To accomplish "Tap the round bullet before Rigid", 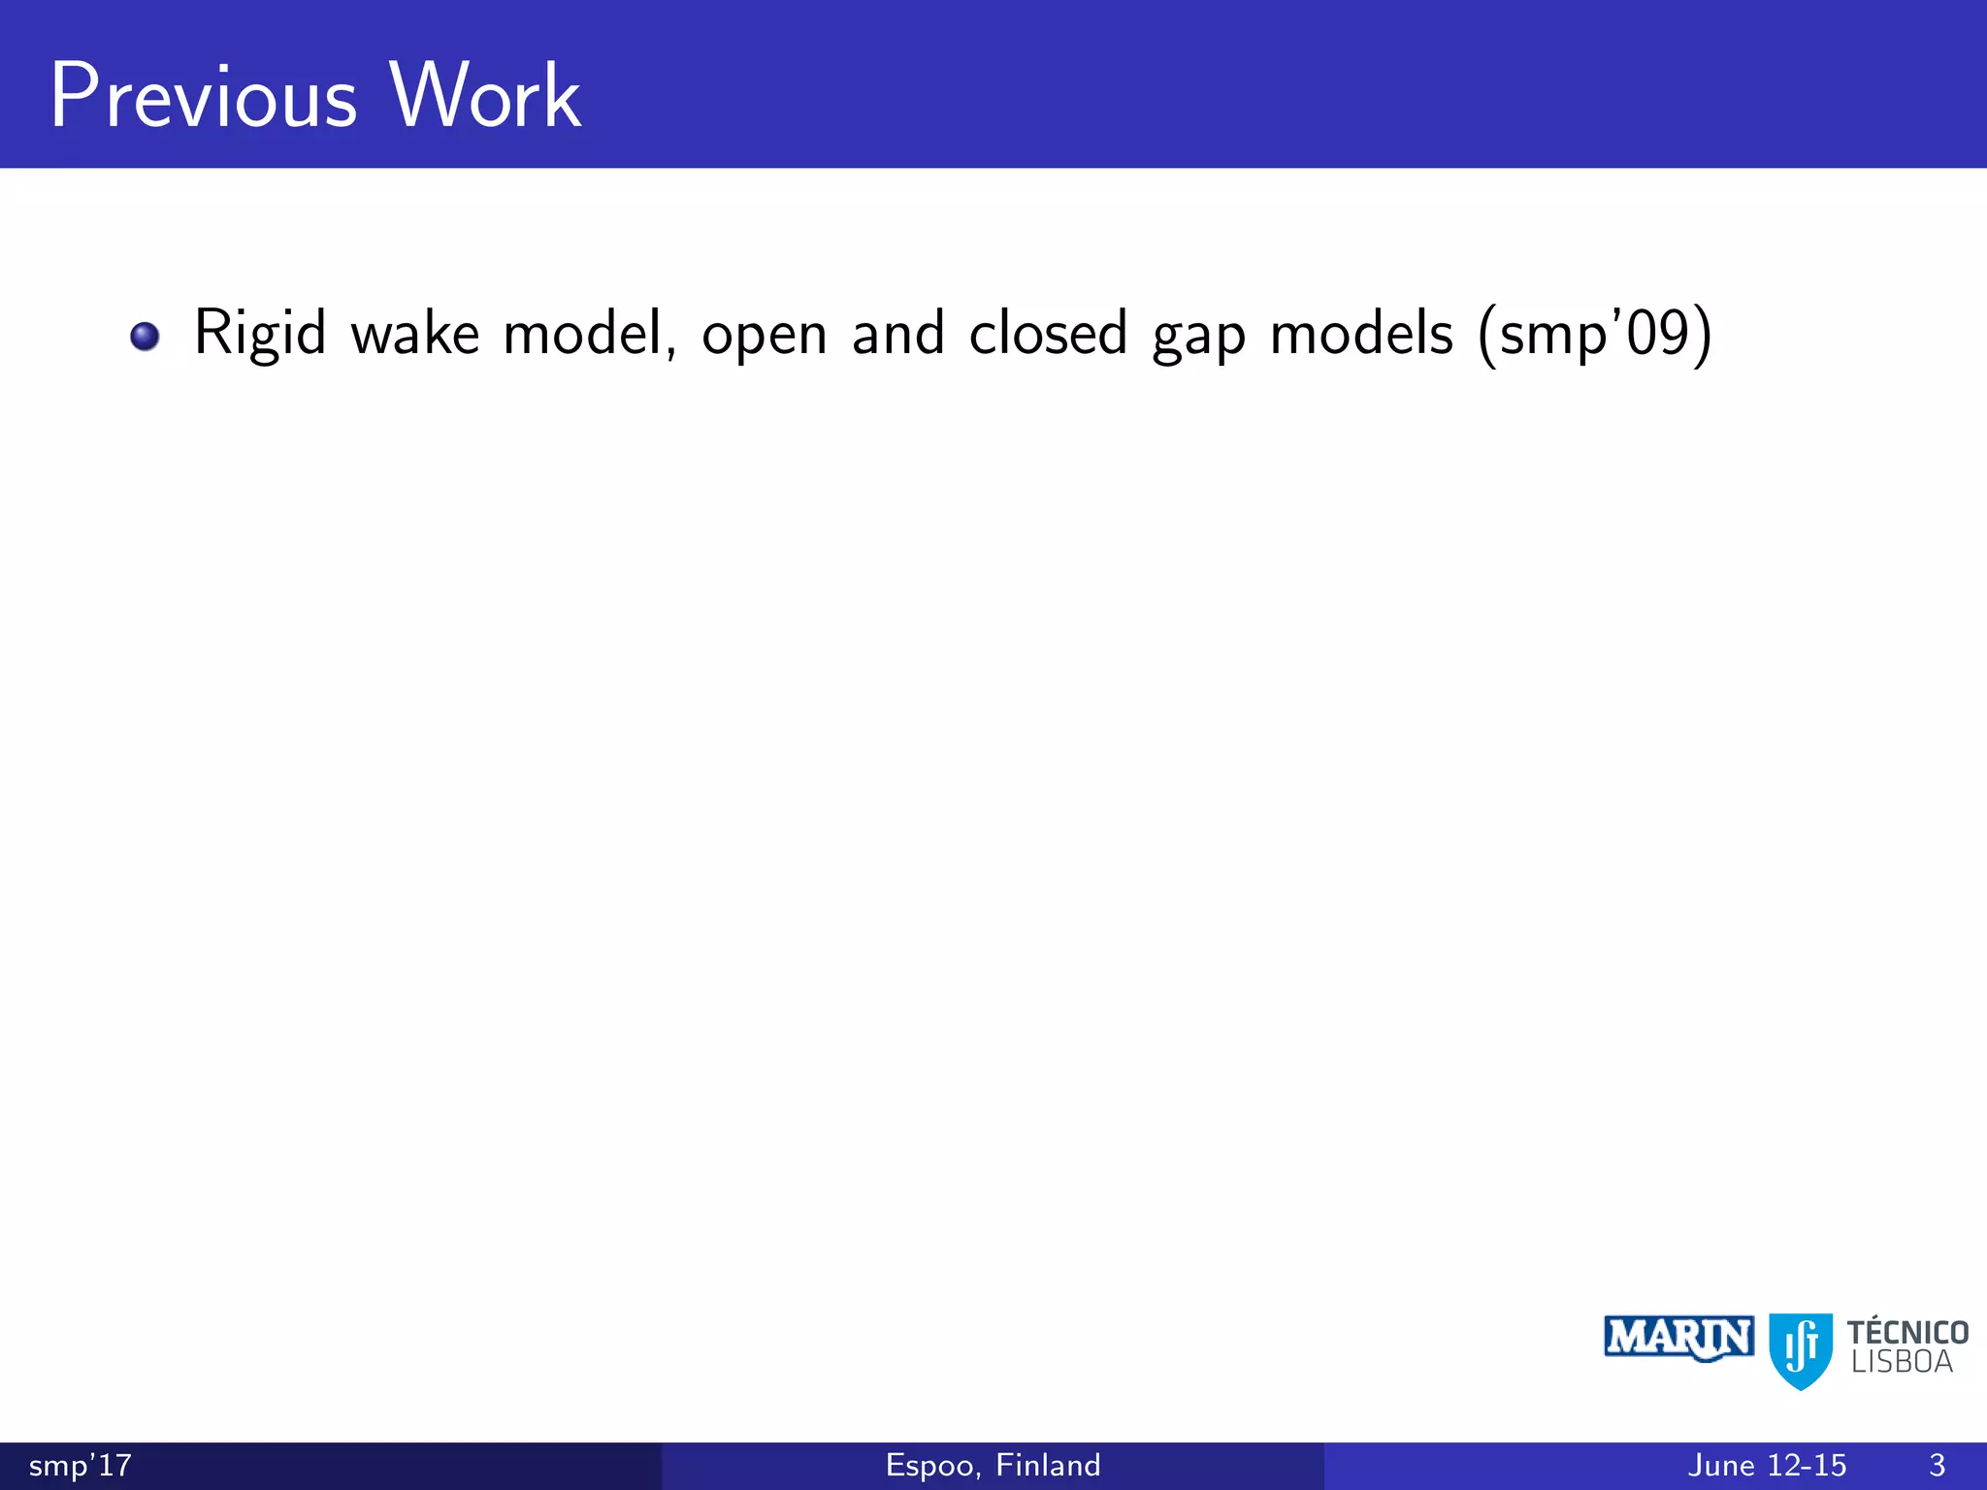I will (x=145, y=337).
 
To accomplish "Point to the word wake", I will (x=415, y=335).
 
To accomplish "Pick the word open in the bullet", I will (x=764, y=338).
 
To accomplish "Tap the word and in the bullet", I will (x=897, y=335).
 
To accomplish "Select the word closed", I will (x=1048, y=335).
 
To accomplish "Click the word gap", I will (x=1198, y=338).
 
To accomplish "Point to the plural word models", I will (x=1361, y=335).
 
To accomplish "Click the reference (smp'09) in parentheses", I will (x=1594, y=335).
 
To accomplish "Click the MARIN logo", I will (x=1678, y=1339).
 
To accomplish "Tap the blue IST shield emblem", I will (x=1801, y=1349).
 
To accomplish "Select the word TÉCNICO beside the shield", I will (x=1907, y=1332).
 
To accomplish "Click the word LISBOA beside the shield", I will (x=1902, y=1363).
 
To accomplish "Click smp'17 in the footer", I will (x=81, y=1465).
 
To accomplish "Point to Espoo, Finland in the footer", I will (x=993, y=1465).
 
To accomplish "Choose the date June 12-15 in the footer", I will (x=1767, y=1465).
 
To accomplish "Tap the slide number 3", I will (x=1937, y=1465).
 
